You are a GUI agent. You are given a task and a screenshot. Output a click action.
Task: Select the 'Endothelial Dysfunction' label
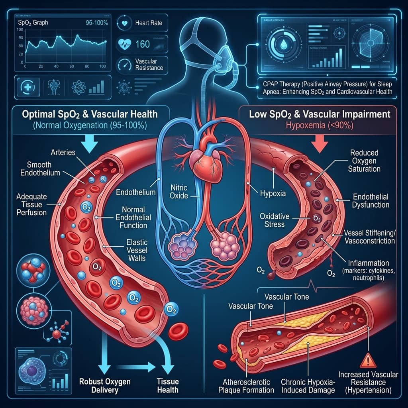371,201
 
